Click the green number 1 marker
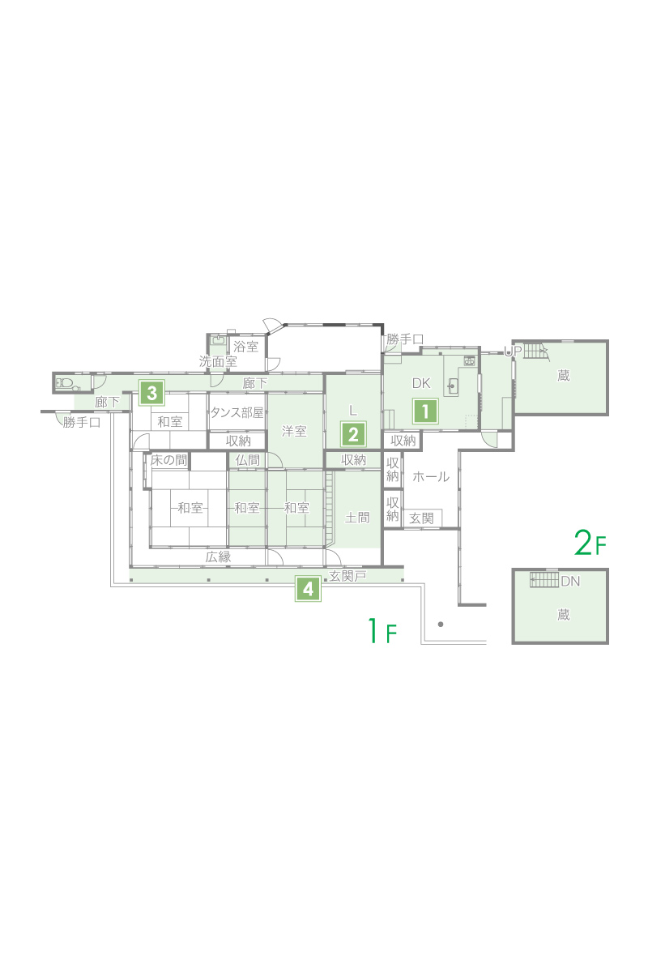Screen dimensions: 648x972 coord(425,411)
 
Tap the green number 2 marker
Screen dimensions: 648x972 coord(353,434)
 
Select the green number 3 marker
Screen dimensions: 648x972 coord(151,393)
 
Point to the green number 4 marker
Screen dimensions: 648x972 coord(308,589)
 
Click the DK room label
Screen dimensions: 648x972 coord(420,383)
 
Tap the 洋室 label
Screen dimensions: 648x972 coord(294,431)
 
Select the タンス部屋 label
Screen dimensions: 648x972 coord(237,412)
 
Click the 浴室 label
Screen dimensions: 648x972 coord(245,347)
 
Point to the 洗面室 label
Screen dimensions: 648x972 coord(218,361)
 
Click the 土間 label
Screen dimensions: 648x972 coord(356,518)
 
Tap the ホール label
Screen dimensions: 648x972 coord(431,476)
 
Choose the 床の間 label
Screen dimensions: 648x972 coord(168,460)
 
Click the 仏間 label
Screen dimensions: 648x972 coord(247,460)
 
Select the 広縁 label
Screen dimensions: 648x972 coord(218,556)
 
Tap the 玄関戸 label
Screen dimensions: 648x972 coord(347,576)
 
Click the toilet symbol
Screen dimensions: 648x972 coord(65,383)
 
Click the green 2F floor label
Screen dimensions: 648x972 coord(590,544)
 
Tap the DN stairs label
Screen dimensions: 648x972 coord(570,581)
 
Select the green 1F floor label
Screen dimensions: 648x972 coord(382,630)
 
